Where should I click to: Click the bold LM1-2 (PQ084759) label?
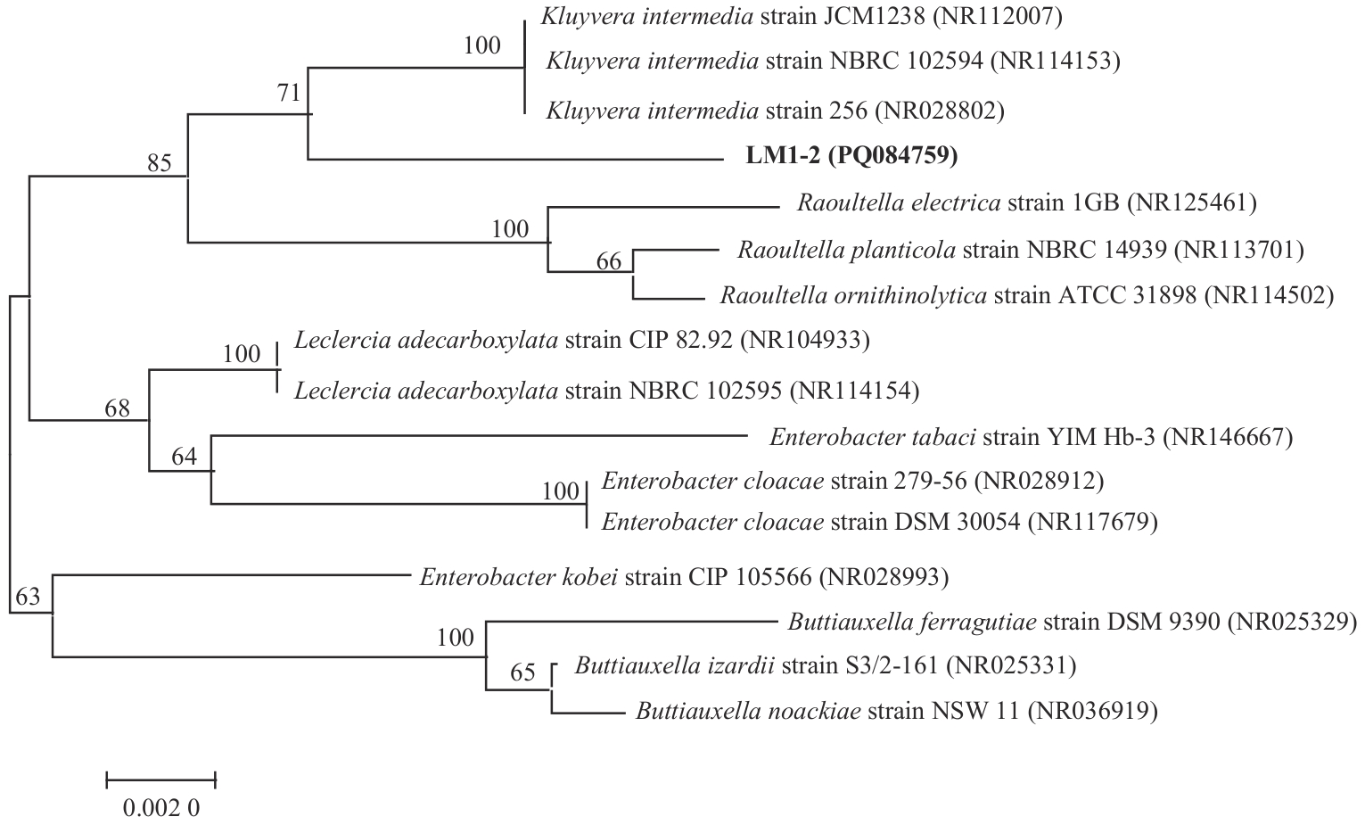(851, 156)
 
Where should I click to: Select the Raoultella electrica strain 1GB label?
(1026, 202)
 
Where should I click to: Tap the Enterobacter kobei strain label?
(684, 577)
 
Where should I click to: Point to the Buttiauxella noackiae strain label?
(896, 711)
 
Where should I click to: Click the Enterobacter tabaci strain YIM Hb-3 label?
(1031, 437)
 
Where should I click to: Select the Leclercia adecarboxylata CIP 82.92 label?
(581, 340)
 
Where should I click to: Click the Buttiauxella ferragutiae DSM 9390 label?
(1072, 621)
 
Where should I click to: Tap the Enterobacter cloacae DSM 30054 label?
(879, 521)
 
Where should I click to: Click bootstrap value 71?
(290, 93)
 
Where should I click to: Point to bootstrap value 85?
(160, 163)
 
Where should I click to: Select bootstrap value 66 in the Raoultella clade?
(609, 261)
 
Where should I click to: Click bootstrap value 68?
(118, 408)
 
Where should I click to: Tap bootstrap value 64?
(184, 458)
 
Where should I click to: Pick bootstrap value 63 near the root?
(28, 597)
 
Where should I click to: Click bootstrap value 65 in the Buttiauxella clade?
(523, 672)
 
